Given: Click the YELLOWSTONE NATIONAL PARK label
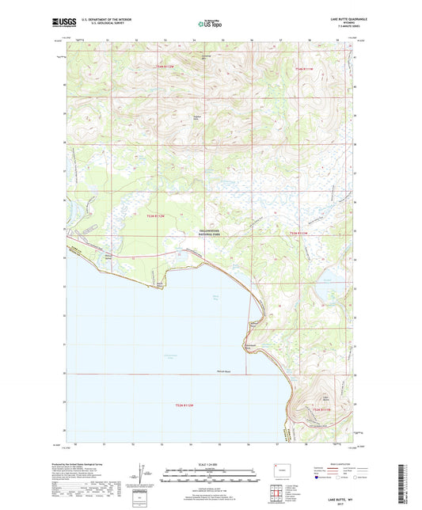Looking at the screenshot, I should coord(211,232).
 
